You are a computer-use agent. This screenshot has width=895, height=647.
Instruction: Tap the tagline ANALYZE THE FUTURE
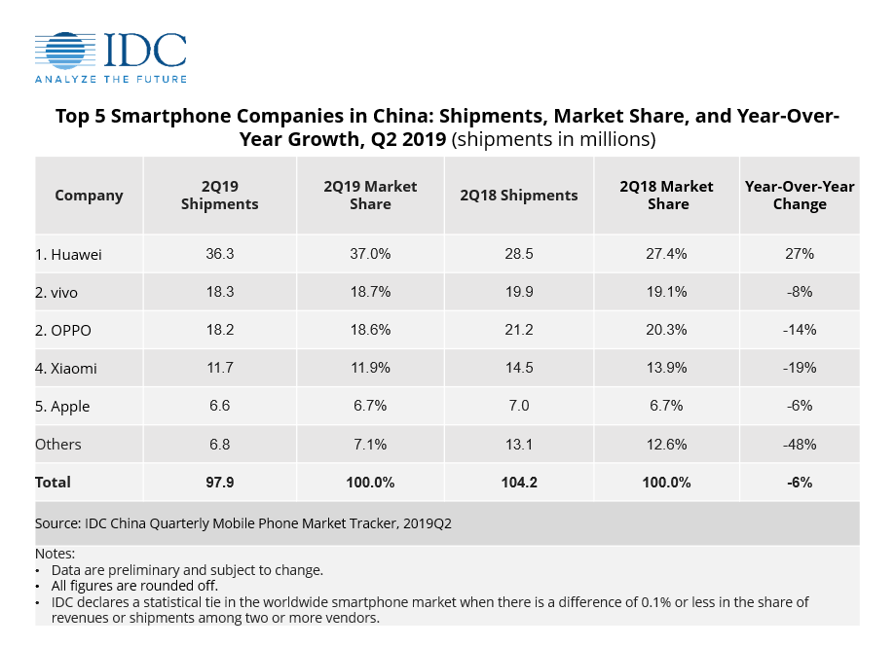pos(111,79)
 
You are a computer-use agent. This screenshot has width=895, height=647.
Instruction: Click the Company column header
pos(89,196)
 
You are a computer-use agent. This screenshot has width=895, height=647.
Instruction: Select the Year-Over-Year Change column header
pos(799,196)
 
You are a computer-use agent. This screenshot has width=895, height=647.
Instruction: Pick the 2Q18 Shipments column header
pos(518,196)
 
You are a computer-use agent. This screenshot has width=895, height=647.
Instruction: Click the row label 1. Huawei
pos(68,254)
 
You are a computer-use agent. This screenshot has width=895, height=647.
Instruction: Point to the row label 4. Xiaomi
pos(66,369)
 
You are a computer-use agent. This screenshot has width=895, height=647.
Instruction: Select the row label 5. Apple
pos(62,407)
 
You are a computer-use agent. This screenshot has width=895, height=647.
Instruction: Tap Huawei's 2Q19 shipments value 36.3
pos(219,254)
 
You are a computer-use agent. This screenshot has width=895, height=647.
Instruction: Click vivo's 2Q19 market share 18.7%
pos(369,292)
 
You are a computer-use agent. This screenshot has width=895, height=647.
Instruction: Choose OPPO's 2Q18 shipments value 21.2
pos(518,331)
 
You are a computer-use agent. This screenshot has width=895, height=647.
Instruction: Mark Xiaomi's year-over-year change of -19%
pos(799,369)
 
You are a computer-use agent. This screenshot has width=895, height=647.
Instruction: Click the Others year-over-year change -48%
pos(799,445)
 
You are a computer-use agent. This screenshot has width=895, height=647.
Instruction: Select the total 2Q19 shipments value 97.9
pos(219,483)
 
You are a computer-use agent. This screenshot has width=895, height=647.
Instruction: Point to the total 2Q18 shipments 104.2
pos(518,483)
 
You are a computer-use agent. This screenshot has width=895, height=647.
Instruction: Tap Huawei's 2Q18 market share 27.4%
pos(666,254)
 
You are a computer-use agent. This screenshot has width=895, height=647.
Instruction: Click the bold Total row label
pos(54,483)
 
